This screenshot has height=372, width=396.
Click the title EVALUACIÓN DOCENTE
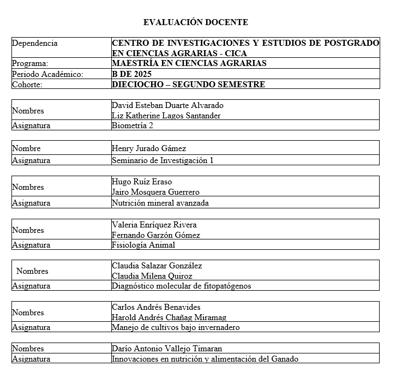195,22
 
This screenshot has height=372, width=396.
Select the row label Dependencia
34,43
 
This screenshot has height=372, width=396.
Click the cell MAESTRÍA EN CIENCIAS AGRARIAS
189,63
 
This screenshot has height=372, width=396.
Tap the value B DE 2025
131,74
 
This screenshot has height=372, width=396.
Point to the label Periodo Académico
47,74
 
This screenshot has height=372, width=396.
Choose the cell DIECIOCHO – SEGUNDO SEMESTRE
188,85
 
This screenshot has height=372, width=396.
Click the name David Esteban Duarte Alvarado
167,105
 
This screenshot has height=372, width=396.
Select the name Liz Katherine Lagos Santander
166,115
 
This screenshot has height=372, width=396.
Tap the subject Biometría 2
133,125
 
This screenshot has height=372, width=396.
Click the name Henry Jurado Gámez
148,148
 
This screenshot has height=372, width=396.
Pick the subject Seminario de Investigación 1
163,160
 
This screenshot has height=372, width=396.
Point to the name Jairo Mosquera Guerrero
155,192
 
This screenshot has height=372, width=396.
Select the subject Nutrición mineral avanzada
160,203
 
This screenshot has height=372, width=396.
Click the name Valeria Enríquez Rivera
154,225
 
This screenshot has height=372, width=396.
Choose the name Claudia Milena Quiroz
152,276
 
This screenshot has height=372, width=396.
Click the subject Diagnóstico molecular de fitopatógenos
181,286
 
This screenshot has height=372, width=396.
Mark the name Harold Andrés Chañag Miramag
169,317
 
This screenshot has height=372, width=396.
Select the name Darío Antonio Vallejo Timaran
166,349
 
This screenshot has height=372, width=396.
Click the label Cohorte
27,85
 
